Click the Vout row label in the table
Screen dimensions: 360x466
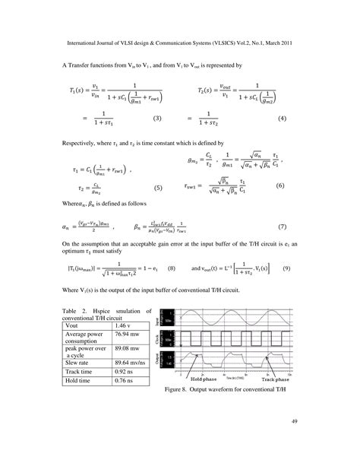point(72,325)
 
